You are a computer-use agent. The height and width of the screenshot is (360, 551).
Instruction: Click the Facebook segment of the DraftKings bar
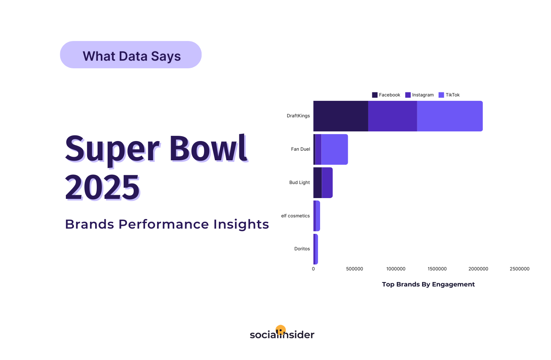pyautogui.click(x=341, y=116)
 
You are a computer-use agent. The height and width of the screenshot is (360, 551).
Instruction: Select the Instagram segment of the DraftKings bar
pyautogui.click(x=392, y=116)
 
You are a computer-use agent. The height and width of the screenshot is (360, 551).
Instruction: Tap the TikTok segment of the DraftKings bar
pyautogui.click(x=449, y=116)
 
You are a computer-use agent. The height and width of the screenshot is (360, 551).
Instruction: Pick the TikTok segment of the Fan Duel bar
pyautogui.click(x=334, y=149)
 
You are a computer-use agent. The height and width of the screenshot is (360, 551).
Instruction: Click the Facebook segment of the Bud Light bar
pyautogui.click(x=317, y=182)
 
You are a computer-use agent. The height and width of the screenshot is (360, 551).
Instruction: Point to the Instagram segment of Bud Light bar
pyautogui.click(x=327, y=182)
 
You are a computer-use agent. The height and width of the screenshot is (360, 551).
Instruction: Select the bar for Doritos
pyautogui.click(x=316, y=249)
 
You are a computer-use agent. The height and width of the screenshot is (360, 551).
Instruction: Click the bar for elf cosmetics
pyautogui.click(x=316, y=216)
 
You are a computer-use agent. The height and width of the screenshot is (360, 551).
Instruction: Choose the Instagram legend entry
pyautogui.click(x=419, y=95)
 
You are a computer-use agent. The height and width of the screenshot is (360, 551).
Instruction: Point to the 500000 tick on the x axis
pyautogui.click(x=355, y=269)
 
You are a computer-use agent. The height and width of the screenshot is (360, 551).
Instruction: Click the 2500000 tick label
pyautogui.click(x=519, y=269)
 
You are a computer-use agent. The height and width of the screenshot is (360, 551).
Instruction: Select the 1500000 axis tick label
pyautogui.click(x=437, y=269)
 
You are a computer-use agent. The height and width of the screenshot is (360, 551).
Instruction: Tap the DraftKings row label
pyautogui.click(x=298, y=116)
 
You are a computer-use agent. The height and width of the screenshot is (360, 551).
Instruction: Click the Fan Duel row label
pyautogui.click(x=300, y=149)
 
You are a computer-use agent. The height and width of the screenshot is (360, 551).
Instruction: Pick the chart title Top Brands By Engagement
pyautogui.click(x=428, y=284)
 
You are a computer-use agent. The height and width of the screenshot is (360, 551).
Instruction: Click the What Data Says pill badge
pyautogui.click(x=131, y=55)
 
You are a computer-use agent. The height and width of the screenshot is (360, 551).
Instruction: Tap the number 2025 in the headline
pyautogui.click(x=103, y=188)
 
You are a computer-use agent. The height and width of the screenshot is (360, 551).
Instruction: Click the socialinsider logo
pyautogui.click(x=282, y=333)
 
